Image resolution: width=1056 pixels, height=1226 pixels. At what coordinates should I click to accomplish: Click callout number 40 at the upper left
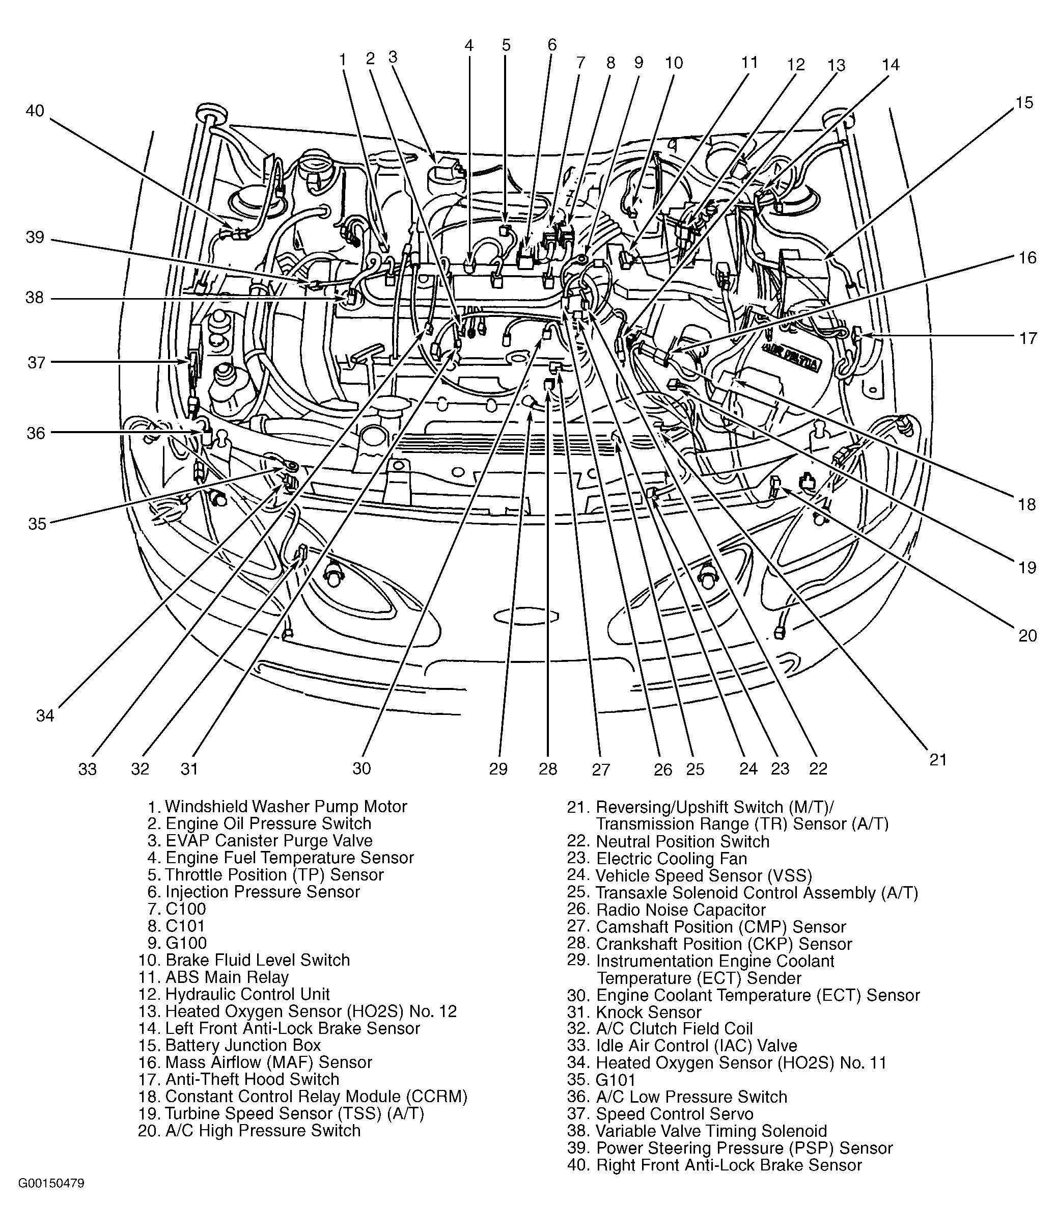click(35, 111)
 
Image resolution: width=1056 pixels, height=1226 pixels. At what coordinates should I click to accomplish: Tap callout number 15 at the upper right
click(1023, 102)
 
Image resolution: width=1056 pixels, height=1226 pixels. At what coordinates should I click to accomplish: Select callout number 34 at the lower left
click(45, 716)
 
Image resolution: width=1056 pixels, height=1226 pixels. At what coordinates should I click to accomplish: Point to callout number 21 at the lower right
click(938, 760)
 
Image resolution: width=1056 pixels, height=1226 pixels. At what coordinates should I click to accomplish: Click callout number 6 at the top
click(551, 45)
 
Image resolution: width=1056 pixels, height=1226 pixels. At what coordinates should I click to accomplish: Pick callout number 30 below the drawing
click(362, 768)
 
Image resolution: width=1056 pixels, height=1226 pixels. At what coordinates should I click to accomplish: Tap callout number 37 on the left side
click(36, 362)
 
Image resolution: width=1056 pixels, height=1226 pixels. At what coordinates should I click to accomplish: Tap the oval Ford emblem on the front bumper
click(525, 616)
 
